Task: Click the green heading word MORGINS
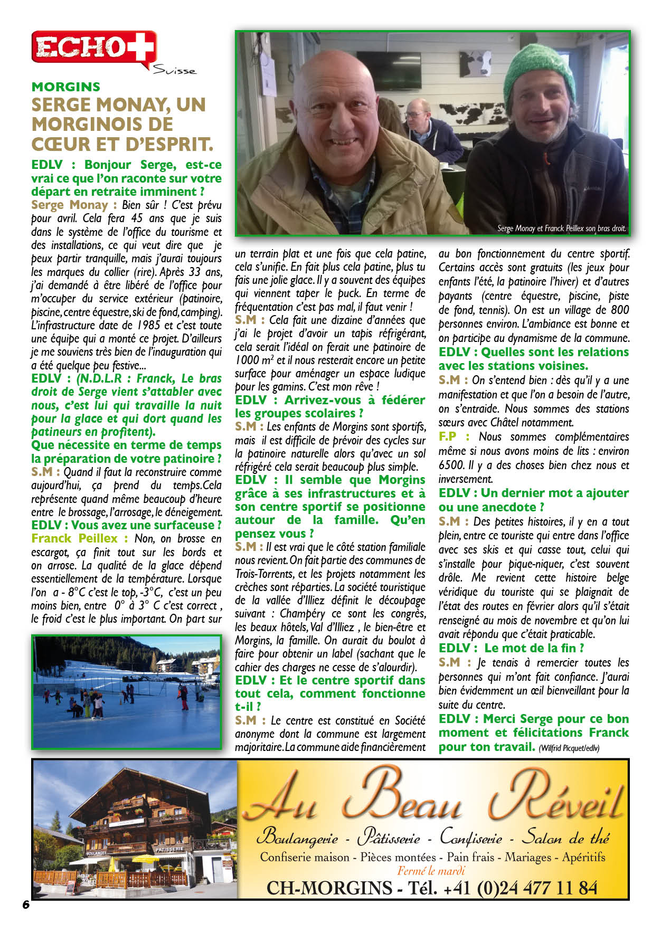coord(65,87)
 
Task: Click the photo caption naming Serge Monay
coord(561,229)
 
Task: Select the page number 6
coord(26,904)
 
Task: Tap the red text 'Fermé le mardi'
coord(431,871)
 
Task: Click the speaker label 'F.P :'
coord(454,437)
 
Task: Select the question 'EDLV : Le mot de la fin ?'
coord(511,648)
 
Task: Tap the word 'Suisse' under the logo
coord(174,70)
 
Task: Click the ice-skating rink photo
coord(126,691)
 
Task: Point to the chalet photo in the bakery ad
coord(135,829)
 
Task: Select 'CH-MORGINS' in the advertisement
coord(329,888)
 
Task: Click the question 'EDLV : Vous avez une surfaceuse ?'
coord(126,525)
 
